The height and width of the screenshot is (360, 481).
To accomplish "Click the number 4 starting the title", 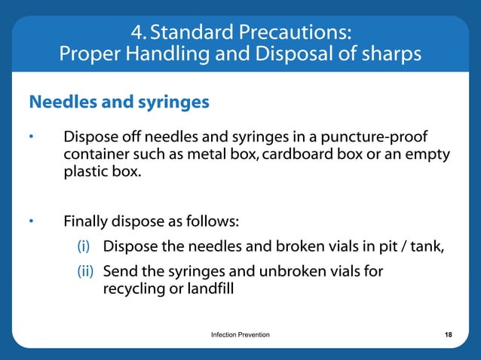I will pos(135,32).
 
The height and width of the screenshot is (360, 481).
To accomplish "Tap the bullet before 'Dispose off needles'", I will pos(32,138).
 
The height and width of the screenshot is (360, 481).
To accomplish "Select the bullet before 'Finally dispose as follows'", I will pos(32,222).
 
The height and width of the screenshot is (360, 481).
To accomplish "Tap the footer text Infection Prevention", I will pos(240,334).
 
